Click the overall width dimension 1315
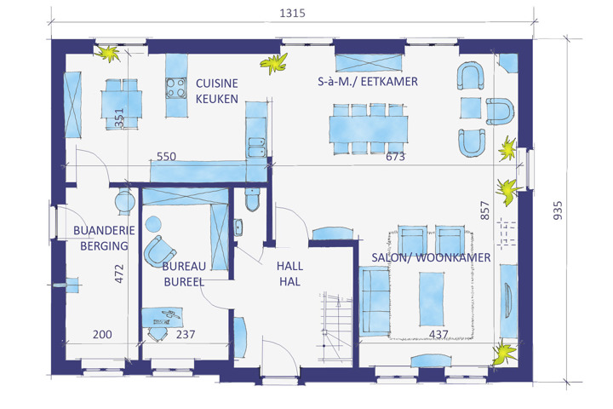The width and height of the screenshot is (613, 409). click(292, 14)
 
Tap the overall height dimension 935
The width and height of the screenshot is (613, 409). click(558, 210)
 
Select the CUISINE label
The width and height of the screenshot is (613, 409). click(217, 84)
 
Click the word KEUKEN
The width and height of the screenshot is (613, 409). click(217, 99)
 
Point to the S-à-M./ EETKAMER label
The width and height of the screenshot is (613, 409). click(368, 82)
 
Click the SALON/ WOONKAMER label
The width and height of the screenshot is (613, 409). click(431, 257)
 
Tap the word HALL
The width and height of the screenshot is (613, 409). click(289, 266)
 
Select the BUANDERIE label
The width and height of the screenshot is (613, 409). click(104, 230)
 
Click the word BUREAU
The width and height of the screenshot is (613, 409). click(184, 267)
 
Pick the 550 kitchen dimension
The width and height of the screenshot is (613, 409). click(166, 157)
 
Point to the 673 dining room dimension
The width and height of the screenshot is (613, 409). click(395, 157)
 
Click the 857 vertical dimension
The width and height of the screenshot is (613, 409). click(484, 210)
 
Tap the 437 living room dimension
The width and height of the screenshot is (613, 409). click(438, 334)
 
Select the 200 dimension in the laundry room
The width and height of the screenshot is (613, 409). click(102, 334)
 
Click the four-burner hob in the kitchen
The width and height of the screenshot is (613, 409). click(176, 88)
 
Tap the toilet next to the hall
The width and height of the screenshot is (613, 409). click(252, 199)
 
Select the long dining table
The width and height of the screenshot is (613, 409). click(369, 130)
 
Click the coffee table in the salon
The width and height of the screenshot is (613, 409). click(432, 299)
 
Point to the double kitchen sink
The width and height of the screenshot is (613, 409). click(256, 147)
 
